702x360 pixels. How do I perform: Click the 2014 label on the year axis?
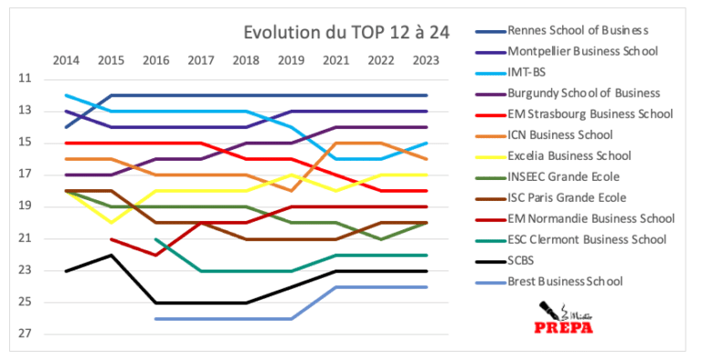(x=66, y=60)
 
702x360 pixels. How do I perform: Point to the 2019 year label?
(x=291, y=60)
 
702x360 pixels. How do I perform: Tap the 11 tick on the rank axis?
(x=24, y=79)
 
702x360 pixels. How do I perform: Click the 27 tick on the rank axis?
(x=24, y=334)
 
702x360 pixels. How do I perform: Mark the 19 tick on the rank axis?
(x=24, y=206)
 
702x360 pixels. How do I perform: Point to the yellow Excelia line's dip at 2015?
(x=111, y=222)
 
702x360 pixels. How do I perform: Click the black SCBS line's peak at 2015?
(x=111, y=255)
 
